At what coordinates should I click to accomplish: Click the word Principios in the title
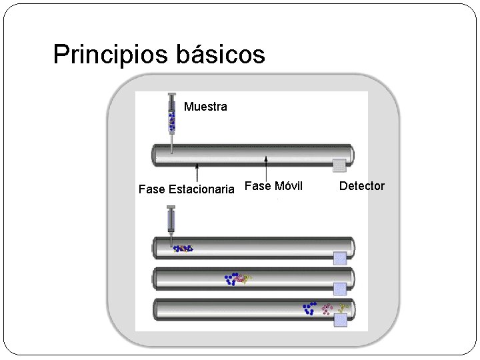tap(112, 55)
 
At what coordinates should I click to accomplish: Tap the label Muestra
tap(205, 107)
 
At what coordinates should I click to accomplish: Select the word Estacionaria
tap(201, 189)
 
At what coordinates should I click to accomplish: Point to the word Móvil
tap(288, 186)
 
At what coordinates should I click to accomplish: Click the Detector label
tap(362, 186)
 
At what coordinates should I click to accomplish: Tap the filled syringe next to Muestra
tap(171, 120)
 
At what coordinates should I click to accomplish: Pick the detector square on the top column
tap(339, 165)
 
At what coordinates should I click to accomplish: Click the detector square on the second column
tap(340, 258)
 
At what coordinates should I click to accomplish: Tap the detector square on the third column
tap(340, 289)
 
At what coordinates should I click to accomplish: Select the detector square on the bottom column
tap(341, 319)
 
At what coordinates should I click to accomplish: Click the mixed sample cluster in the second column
tap(183, 249)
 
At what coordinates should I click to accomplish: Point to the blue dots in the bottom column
tap(309, 308)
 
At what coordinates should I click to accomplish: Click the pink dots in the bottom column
tap(327, 309)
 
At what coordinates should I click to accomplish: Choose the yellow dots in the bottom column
tap(343, 307)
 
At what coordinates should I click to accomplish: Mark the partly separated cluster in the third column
tap(237, 279)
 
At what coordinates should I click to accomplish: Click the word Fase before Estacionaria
tap(152, 189)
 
